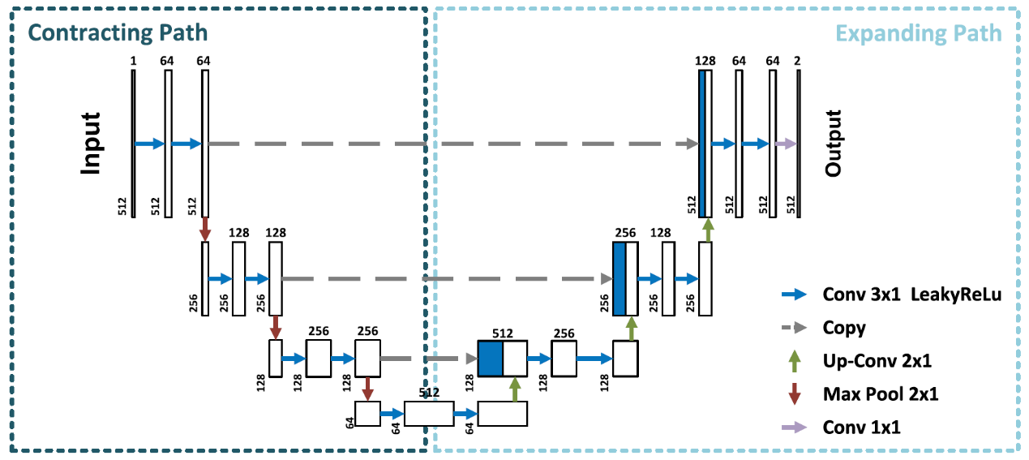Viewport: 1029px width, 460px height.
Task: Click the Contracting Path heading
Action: [x=118, y=33]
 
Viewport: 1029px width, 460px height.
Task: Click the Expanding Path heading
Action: [x=919, y=33]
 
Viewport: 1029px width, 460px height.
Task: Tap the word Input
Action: [x=90, y=143]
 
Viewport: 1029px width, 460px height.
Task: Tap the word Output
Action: [x=834, y=144]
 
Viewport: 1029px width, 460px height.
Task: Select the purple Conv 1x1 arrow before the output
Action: [x=785, y=144]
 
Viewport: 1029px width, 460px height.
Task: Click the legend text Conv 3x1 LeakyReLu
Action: [x=911, y=294]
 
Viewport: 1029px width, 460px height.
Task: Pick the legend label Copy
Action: [x=843, y=328]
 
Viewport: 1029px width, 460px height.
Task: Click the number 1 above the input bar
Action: [x=133, y=61]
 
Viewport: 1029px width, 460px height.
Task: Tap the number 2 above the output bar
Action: [x=798, y=61]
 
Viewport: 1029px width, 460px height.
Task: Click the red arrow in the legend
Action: [x=794, y=394]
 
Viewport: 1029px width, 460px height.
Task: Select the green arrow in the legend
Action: [x=794, y=361]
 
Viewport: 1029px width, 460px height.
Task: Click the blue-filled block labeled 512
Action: [x=491, y=359]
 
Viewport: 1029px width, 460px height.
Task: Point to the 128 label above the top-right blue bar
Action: [x=705, y=61]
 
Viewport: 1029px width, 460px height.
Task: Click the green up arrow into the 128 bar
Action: [x=708, y=230]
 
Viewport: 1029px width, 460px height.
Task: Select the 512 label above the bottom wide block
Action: [x=429, y=393]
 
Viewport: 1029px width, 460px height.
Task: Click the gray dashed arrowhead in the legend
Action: [x=801, y=328]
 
